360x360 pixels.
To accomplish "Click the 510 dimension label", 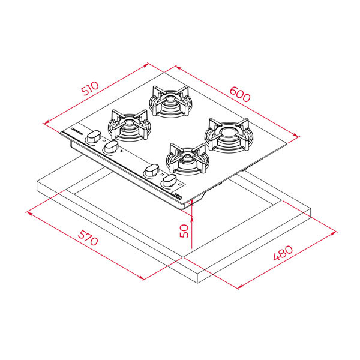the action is click(91, 88).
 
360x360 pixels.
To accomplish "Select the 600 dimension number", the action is click(240, 94).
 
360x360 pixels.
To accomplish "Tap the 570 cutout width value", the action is click(88, 238).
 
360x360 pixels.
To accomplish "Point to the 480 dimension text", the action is click(283, 253).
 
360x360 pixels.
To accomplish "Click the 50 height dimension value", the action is click(184, 231).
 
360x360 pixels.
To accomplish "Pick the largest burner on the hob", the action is click(229, 135).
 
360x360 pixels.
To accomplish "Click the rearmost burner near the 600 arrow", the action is click(170, 101).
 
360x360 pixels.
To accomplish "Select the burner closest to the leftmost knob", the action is click(130, 125).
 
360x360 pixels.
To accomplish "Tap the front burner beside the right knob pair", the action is click(188, 159).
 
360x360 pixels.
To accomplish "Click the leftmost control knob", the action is click(94, 137).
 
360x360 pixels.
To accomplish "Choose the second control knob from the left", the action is click(111, 147).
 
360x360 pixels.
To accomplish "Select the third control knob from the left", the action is click(151, 171).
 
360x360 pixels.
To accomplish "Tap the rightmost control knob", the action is click(169, 181).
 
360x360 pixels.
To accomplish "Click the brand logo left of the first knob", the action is click(77, 131).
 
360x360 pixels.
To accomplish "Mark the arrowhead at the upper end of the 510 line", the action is click(146, 65).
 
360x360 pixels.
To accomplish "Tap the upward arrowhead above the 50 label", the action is click(192, 219).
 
